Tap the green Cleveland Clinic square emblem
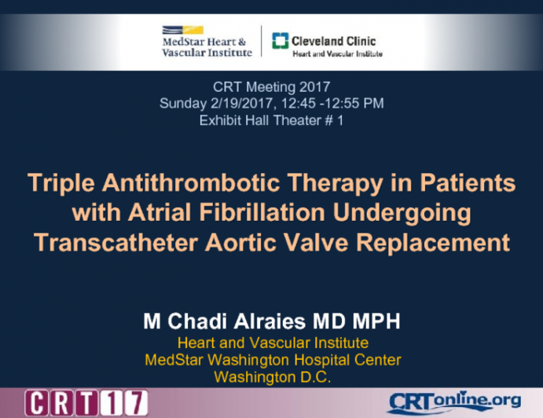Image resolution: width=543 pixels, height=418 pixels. click(x=279, y=42)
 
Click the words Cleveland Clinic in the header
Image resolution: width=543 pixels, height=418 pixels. click(x=334, y=41)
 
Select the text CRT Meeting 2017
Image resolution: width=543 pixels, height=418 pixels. click(x=271, y=86)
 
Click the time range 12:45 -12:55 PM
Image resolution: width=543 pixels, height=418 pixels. click(x=328, y=104)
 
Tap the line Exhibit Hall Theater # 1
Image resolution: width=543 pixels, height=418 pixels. click(x=271, y=121)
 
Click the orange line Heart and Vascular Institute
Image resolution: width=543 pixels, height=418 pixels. click(x=272, y=343)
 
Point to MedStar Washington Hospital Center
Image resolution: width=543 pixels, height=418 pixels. click(x=272, y=360)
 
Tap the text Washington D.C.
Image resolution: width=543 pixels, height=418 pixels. click(x=272, y=376)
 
